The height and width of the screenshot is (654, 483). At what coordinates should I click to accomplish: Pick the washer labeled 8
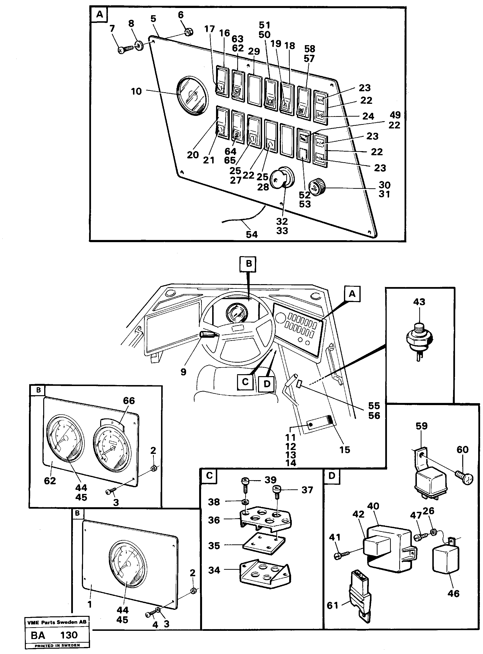coord(140,46)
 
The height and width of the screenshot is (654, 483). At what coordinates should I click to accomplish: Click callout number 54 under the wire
coord(252,234)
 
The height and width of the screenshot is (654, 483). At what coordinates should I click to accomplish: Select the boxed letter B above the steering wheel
coord(249,264)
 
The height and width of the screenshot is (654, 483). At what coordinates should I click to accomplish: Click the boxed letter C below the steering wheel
coord(245,382)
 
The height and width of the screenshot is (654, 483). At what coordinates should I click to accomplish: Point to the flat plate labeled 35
coord(265,544)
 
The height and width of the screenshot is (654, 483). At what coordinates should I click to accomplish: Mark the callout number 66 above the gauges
coord(129,401)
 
